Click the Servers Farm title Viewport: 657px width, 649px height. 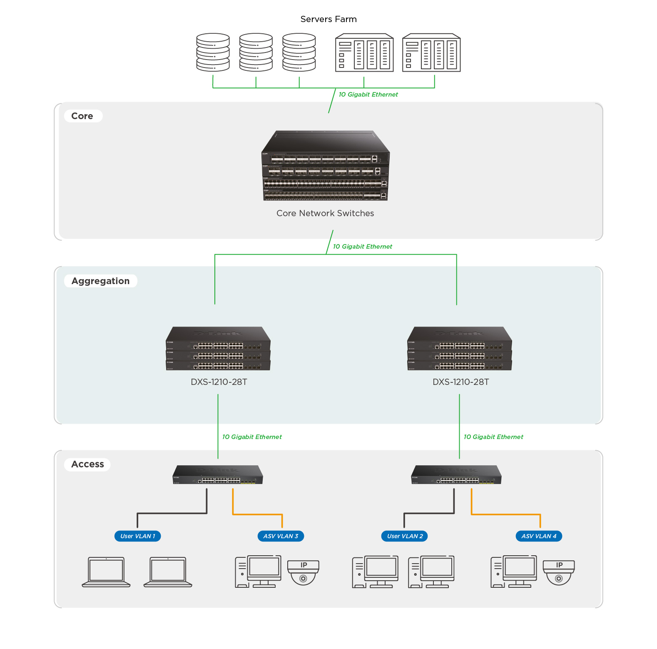point(328,19)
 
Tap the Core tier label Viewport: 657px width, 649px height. point(82,116)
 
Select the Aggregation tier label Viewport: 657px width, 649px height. point(100,281)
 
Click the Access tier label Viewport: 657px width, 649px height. point(87,464)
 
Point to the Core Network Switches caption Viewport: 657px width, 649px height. point(325,213)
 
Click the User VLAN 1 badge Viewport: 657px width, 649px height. point(137,536)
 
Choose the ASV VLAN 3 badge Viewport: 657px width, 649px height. point(281,536)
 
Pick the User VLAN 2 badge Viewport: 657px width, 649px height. point(405,536)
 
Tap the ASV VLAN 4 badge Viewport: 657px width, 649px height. point(539,536)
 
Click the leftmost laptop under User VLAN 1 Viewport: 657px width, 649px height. point(106,572)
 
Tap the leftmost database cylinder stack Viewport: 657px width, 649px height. point(213,52)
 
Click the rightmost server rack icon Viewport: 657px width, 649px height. point(431,53)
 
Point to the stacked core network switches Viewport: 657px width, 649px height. point(325,167)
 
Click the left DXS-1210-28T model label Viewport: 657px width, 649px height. point(219,382)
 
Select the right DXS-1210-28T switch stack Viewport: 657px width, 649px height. point(460,349)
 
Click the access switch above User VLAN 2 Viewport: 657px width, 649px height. point(456,475)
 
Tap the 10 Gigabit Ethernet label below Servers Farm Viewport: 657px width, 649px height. point(368,95)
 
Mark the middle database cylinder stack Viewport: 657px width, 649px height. point(256,52)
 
